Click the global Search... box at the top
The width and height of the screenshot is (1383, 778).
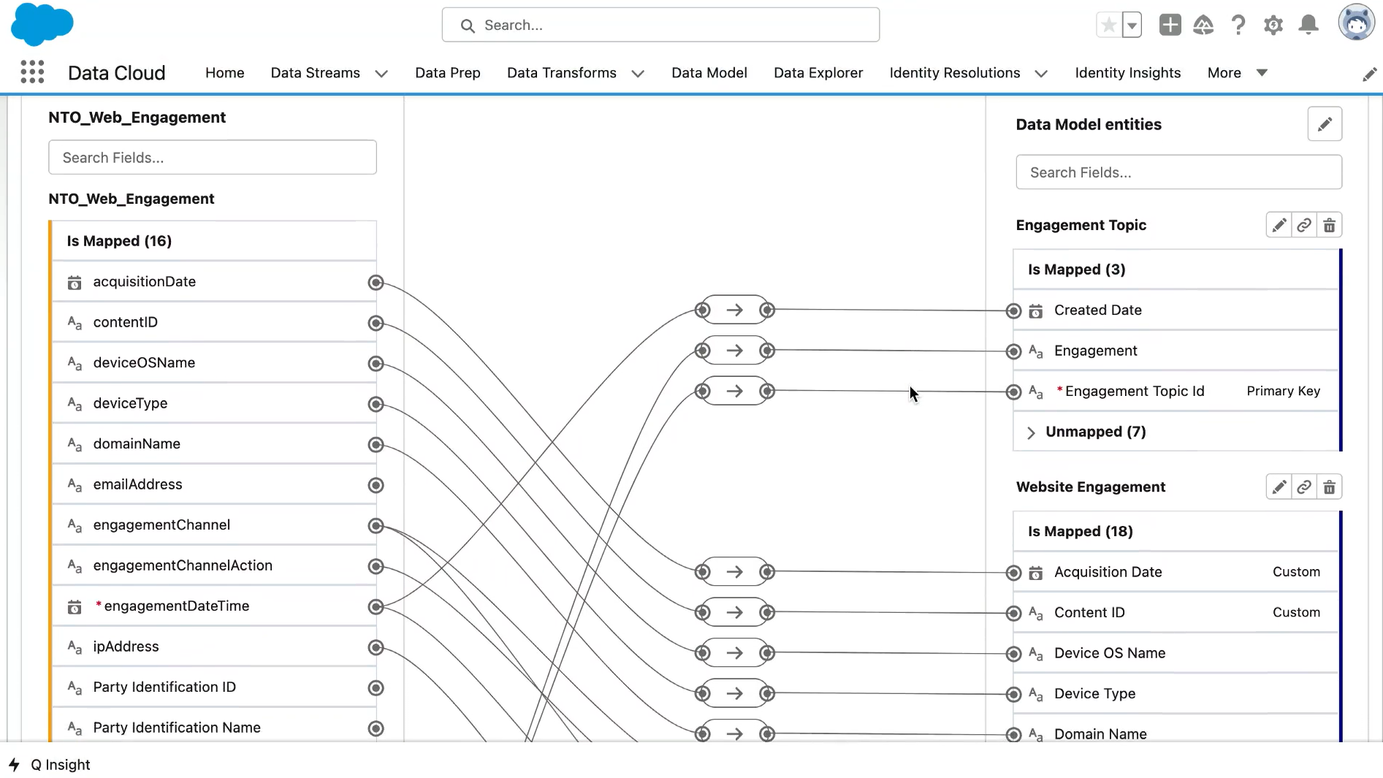tap(660, 25)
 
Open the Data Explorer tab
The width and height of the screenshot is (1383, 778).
tap(818, 73)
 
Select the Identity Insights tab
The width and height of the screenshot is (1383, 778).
tap(1128, 73)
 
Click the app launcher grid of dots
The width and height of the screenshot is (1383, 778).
tap(32, 72)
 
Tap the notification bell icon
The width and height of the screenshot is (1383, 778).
tap(1308, 25)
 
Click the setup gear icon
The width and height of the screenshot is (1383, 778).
tap(1273, 25)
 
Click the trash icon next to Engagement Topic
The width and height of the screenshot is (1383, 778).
tap(1330, 226)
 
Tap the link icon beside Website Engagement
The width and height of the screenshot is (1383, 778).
tap(1304, 487)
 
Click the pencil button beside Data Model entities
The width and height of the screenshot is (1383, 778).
tap(1325, 124)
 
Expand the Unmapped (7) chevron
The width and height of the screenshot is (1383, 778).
tap(1031, 432)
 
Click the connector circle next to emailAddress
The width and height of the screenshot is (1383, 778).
tap(376, 485)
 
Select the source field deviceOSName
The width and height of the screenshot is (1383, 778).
tap(144, 363)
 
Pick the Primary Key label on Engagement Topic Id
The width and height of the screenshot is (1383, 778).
tap(1283, 391)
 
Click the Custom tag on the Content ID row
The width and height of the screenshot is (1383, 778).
tap(1296, 612)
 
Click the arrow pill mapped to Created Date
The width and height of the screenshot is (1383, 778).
tap(734, 310)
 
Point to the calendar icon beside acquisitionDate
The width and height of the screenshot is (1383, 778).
tap(75, 283)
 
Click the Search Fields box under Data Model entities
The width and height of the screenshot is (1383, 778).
tap(1178, 172)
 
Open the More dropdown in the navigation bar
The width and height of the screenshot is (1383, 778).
tap(1237, 73)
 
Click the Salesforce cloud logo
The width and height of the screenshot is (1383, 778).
tap(42, 24)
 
